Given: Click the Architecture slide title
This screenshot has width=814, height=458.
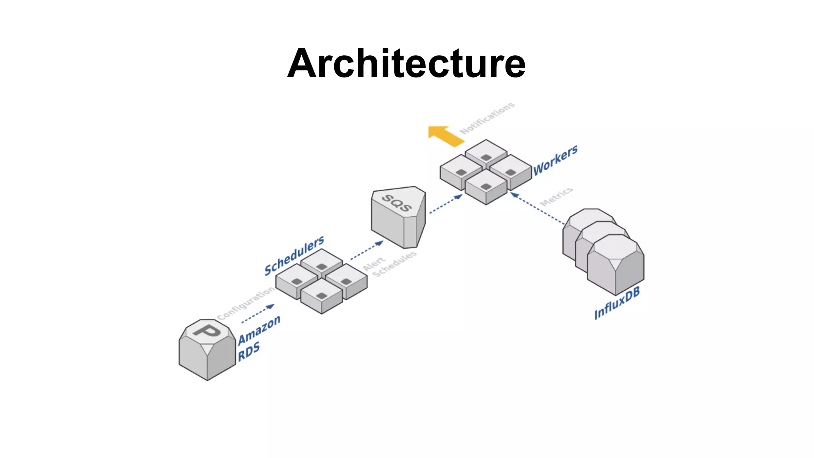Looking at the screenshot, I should (x=406, y=64).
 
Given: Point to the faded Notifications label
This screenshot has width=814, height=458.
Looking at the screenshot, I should (x=487, y=118).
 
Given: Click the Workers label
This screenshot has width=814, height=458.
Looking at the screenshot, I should (x=555, y=160).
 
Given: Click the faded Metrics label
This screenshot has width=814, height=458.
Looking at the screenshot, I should (x=556, y=196).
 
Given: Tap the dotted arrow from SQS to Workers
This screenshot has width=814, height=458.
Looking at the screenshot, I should (x=446, y=204).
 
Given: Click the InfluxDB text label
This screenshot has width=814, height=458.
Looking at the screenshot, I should (x=617, y=303).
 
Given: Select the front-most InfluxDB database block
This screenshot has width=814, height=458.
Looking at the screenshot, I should (x=615, y=264).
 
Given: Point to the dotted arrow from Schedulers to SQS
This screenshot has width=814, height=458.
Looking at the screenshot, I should (x=366, y=250).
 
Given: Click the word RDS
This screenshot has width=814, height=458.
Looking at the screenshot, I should (x=249, y=351).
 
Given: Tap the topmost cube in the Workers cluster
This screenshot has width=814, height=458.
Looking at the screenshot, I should (x=486, y=153).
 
